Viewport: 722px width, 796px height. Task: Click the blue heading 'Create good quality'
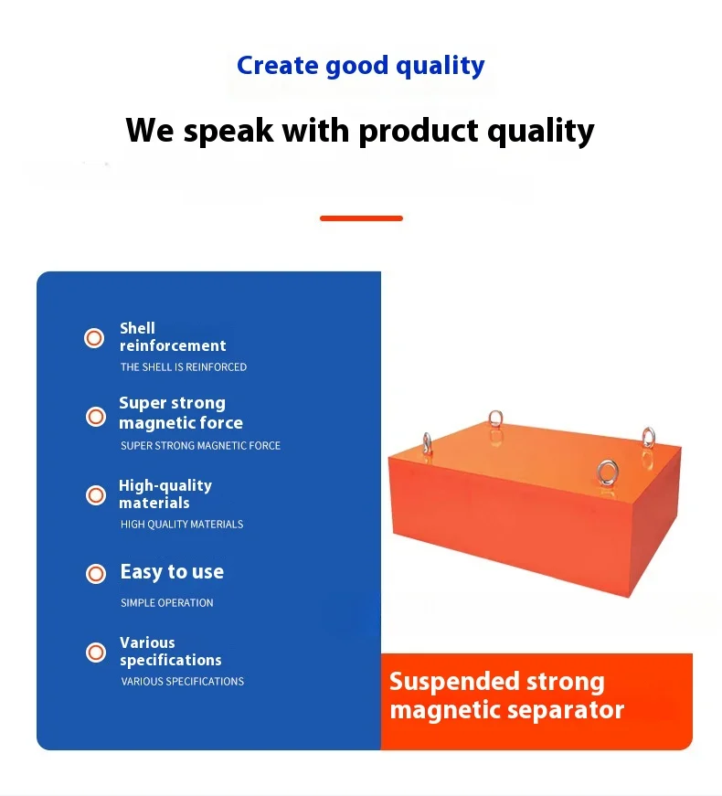click(360, 67)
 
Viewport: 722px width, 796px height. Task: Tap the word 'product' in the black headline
click(419, 131)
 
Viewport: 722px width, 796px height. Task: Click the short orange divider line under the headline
click(361, 218)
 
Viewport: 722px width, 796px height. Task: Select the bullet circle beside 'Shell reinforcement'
click(94, 338)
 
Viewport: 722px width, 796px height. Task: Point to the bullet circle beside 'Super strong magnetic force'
click(95, 417)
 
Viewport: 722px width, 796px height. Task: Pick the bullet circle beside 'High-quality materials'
click(95, 495)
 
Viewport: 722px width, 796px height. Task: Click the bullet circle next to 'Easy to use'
click(95, 574)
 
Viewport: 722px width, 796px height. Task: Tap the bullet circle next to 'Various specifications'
click(95, 653)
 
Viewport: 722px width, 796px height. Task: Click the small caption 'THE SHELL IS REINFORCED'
click(184, 367)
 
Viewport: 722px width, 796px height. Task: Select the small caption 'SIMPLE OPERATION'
click(167, 602)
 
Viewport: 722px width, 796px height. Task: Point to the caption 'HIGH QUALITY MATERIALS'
click(182, 524)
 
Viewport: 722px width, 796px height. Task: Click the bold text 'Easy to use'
click(172, 572)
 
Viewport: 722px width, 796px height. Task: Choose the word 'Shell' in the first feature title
click(137, 328)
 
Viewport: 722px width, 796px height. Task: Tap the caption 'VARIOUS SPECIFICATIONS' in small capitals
click(182, 681)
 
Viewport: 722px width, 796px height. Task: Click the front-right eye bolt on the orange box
click(607, 473)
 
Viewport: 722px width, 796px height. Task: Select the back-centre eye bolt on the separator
click(495, 419)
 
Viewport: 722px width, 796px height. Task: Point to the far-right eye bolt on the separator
click(648, 438)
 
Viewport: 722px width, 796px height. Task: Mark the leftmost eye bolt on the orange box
click(427, 443)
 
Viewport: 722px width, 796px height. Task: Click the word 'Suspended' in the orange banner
click(454, 683)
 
